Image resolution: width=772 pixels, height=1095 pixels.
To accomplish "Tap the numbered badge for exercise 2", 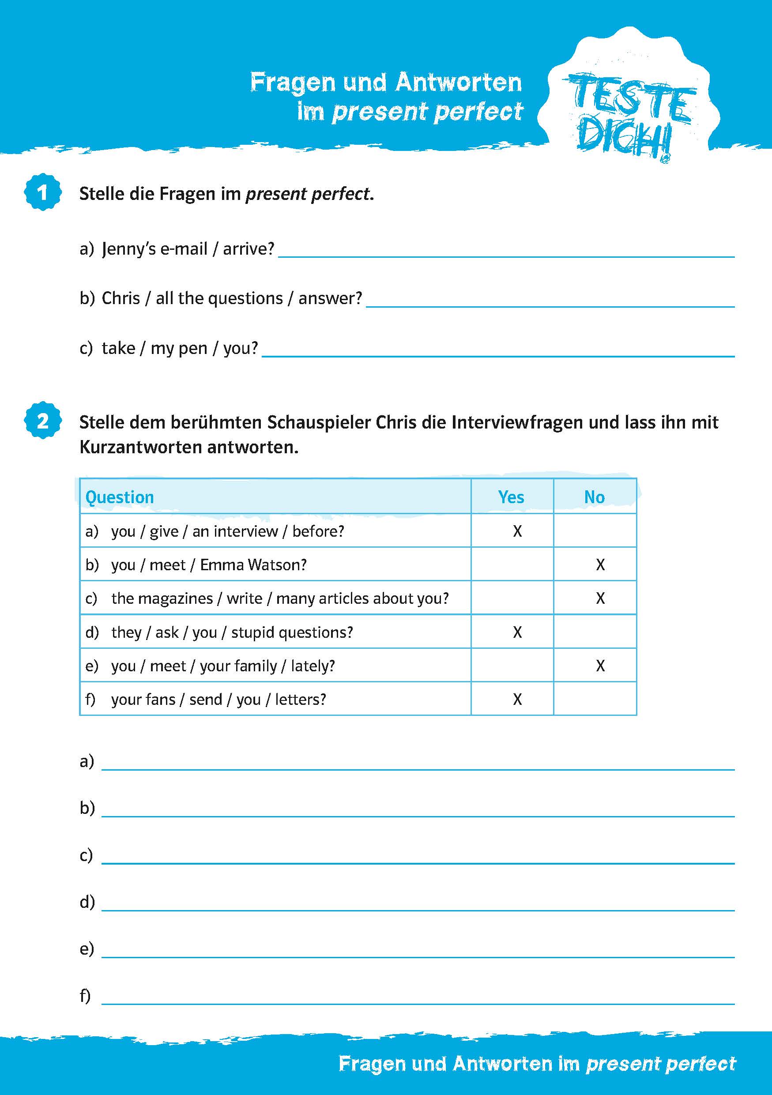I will [43, 421].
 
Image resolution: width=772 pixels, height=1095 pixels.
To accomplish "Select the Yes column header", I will [511, 497].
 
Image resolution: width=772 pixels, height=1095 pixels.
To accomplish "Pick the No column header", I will [594, 497].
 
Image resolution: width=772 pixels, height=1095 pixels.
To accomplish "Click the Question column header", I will [120, 497].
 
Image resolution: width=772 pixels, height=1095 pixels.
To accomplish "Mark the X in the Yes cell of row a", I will [517, 531].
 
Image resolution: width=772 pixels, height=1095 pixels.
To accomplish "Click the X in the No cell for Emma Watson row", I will [600, 564].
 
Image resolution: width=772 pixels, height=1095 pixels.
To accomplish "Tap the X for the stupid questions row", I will [517, 632].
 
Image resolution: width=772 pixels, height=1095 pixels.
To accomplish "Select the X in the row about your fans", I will [517, 699].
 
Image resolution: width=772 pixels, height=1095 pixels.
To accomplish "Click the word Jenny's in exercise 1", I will [128, 248].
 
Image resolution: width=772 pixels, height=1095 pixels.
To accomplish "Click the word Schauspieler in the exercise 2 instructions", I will [319, 422].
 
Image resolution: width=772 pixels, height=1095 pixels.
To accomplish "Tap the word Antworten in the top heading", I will [458, 83].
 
